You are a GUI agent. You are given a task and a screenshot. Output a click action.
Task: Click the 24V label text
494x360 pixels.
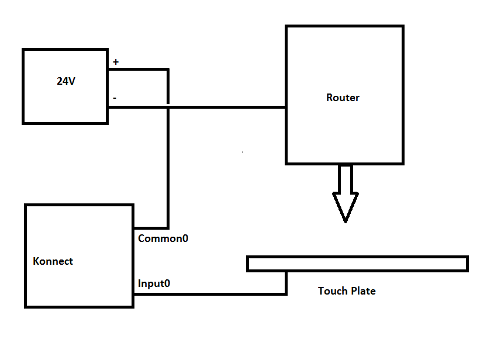click(x=66, y=82)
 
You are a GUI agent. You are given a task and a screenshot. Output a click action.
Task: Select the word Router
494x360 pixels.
click(x=343, y=98)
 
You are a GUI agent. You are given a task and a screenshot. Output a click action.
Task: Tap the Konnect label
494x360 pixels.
click(x=53, y=261)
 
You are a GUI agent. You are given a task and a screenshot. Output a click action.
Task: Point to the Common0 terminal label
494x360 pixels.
click(x=163, y=238)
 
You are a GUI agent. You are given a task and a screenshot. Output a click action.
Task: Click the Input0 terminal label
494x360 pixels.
click(x=154, y=284)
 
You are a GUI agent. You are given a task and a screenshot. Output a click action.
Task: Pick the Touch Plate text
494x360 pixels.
click(x=347, y=290)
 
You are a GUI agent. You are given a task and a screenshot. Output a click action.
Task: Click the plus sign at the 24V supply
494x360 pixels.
click(x=115, y=62)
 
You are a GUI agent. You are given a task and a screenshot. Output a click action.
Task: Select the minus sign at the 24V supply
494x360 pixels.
click(x=114, y=98)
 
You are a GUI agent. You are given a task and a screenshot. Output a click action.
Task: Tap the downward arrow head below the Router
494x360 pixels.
click(x=346, y=208)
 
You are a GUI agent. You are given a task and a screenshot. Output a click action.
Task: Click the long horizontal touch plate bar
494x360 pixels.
click(x=357, y=264)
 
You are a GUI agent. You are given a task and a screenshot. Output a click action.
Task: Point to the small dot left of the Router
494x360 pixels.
click(x=243, y=151)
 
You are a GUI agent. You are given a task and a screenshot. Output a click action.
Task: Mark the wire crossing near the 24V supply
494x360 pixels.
click(x=168, y=107)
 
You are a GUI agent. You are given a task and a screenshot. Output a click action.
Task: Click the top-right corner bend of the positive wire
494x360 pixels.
click(x=168, y=69)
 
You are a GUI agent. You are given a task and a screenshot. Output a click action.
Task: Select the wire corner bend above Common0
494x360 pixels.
click(x=168, y=228)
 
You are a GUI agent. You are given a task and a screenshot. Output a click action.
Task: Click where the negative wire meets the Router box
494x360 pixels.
click(x=286, y=107)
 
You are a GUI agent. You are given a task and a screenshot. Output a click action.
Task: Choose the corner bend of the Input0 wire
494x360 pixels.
click(x=286, y=293)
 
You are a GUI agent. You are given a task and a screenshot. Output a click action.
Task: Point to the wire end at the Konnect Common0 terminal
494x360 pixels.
click(x=134, y=228)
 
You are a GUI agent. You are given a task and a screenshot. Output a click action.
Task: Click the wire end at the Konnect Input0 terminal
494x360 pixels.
click(x=134, y=293)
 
